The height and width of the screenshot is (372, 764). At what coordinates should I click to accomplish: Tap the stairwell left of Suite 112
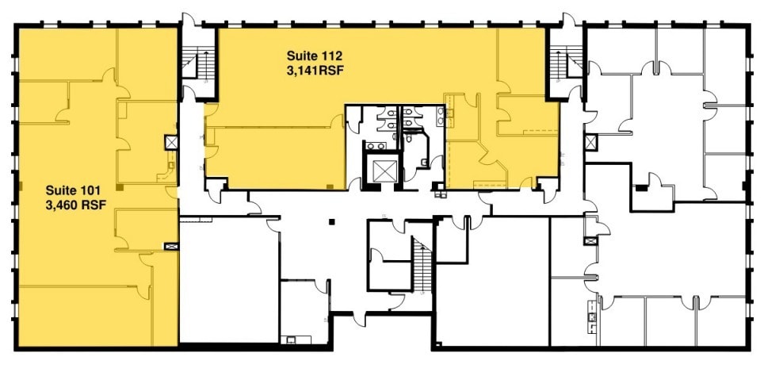click(x=198, y=63)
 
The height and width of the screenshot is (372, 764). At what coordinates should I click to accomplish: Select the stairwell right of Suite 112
click(x=565, y=63)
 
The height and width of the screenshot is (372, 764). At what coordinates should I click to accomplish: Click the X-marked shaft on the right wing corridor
click(x=590, y=143)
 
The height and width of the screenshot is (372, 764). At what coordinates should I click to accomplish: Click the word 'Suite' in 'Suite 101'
click(x=58, y=190)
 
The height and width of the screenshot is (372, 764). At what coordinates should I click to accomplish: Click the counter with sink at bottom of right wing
click(x=591, y=322)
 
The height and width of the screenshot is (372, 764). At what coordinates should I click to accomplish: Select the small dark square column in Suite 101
click(x=119, y=187)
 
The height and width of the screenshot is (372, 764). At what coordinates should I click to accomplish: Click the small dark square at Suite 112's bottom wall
click(x=329, y=186)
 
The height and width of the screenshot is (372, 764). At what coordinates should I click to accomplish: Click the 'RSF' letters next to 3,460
click(x=89, y=205)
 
